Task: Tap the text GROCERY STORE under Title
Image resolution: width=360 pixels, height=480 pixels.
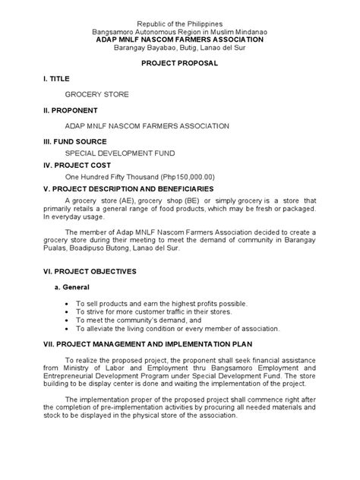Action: coord(97,95)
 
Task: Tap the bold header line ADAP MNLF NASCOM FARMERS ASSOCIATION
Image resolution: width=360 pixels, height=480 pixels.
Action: coord(179,39)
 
